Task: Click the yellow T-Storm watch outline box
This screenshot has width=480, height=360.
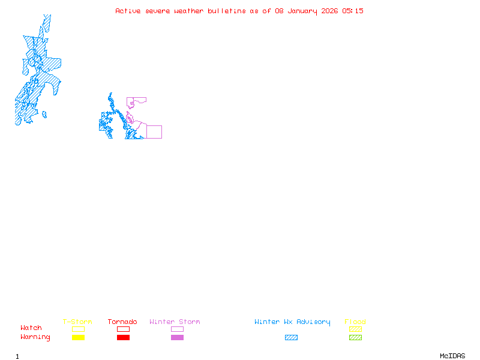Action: (78, 329)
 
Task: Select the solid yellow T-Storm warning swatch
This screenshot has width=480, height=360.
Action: (78, 338)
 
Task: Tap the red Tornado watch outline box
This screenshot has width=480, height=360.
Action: (123, 329)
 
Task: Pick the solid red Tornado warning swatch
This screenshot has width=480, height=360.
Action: (123, 338)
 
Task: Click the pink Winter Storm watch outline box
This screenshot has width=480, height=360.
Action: (177, 329)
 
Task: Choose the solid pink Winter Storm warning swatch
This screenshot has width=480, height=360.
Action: (177, 338)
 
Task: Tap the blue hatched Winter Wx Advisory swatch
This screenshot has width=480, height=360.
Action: (291, 338)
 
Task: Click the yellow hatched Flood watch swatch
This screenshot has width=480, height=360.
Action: (355, 329)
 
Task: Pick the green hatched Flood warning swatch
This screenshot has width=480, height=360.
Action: (355, 338)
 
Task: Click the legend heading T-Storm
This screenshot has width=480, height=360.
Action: (77, 322)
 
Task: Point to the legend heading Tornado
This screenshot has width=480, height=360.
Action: (122, 322)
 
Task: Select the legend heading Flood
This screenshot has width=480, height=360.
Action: (355, 322)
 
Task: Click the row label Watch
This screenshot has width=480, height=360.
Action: (31, 328)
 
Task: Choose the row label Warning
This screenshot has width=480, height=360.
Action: (35, 337)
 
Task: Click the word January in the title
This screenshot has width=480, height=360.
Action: (302, 11)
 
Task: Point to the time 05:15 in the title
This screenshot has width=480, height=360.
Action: (353, 11)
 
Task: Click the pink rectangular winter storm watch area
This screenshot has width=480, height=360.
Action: (154, 132)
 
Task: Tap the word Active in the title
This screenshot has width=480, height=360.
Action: (128, 11)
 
